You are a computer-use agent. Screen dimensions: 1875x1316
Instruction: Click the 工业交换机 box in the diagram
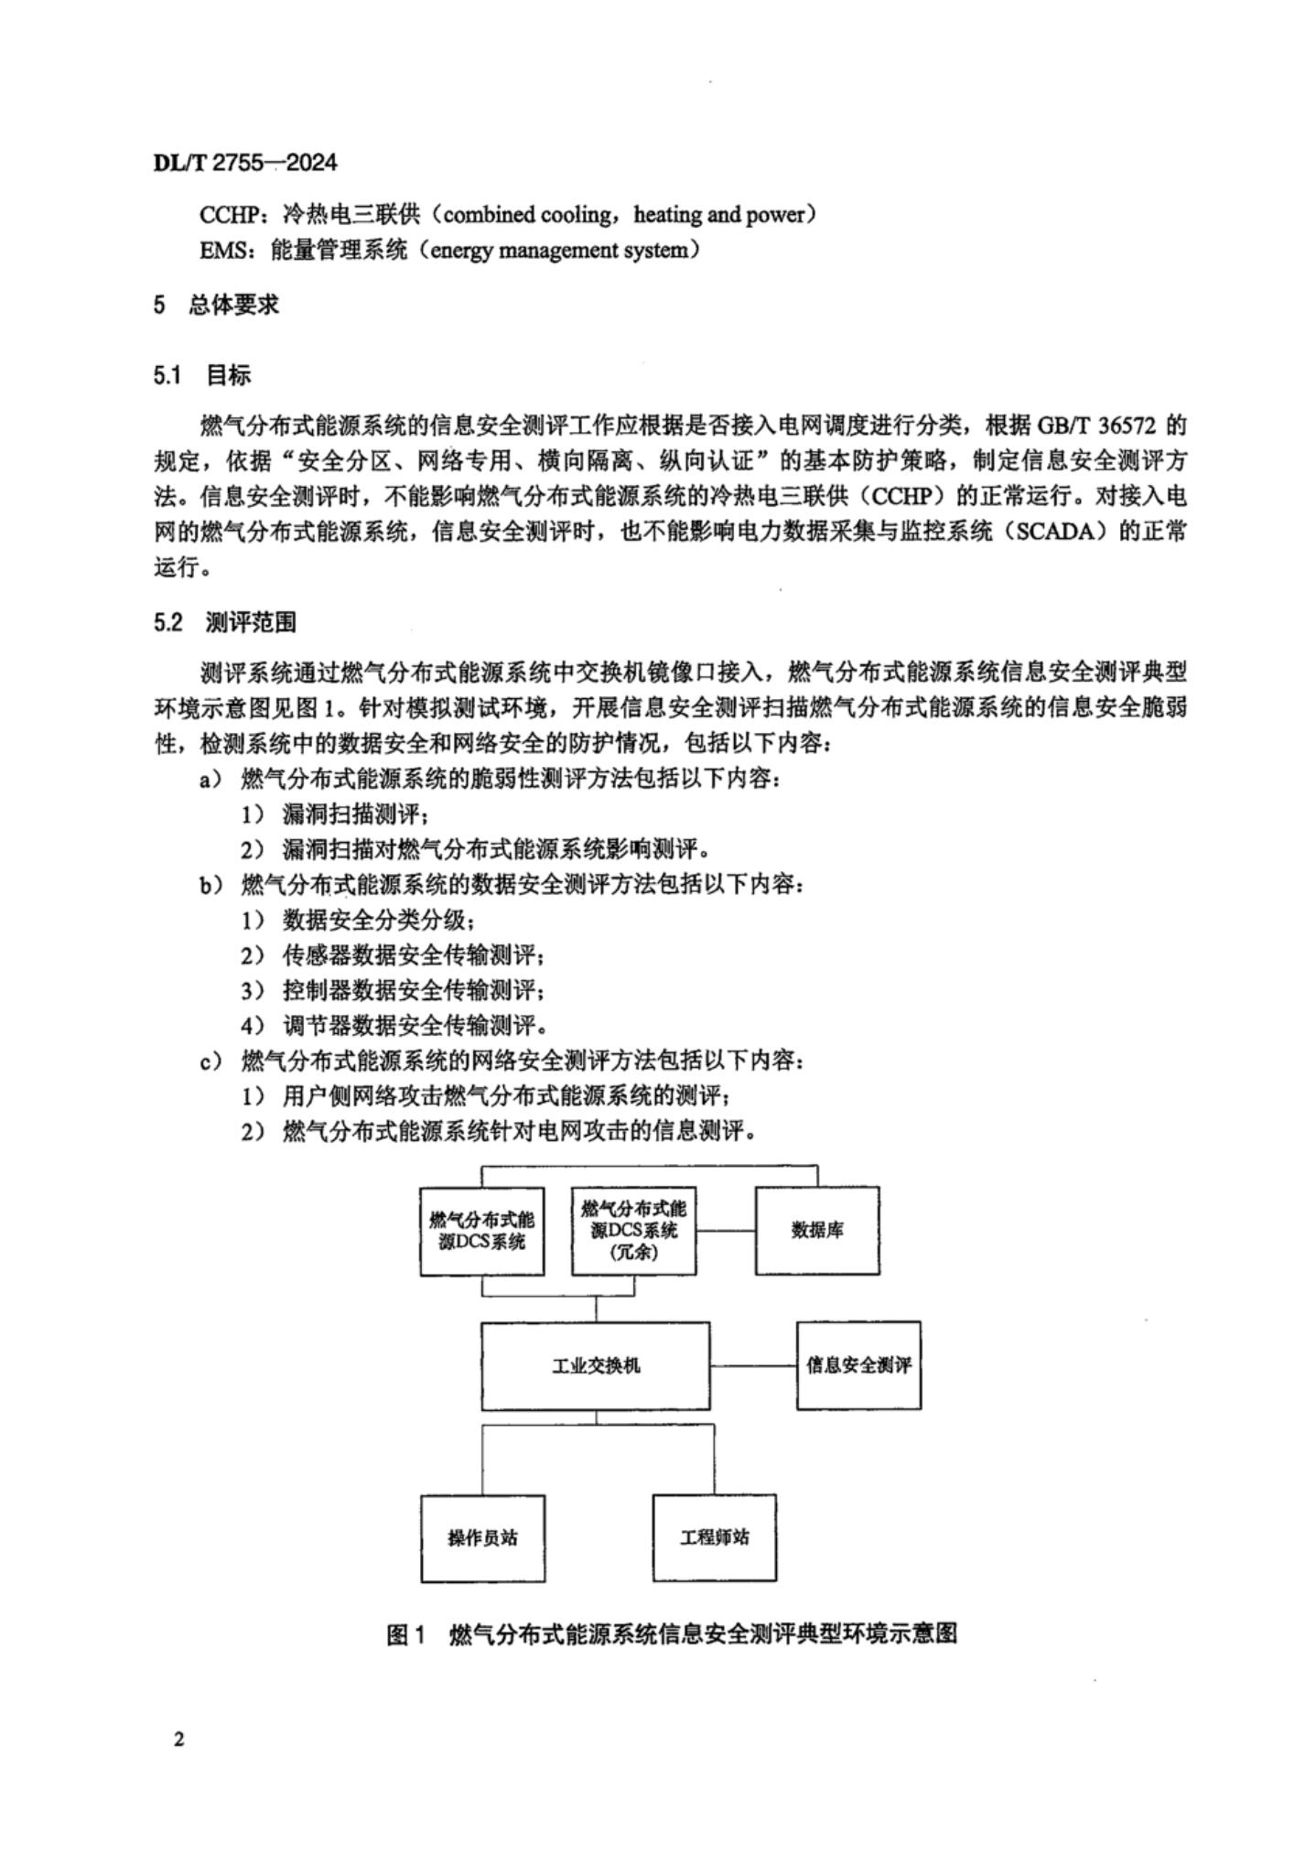pos(595,1365)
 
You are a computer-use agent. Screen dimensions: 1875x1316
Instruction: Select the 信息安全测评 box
pos(858,1365)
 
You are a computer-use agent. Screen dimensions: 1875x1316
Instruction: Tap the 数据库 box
pos(817,1231)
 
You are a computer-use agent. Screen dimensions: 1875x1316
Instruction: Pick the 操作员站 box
pos(482,1538)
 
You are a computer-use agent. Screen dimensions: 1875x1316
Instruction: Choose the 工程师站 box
pos(714,1538)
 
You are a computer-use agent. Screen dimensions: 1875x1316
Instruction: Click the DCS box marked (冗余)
pos(633,1231)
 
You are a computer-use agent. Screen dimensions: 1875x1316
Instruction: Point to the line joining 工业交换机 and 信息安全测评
pos(752,1365)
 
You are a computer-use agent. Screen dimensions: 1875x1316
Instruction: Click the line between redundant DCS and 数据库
pos(725,1231)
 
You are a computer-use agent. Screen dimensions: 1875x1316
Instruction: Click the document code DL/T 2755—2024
pos(245,163)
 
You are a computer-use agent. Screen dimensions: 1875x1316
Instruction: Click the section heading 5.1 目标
pos(201,375)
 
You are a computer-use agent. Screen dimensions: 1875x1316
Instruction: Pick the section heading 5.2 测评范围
pos(225,623)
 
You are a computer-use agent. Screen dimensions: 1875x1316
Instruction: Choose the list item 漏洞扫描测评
pos(348,814)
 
